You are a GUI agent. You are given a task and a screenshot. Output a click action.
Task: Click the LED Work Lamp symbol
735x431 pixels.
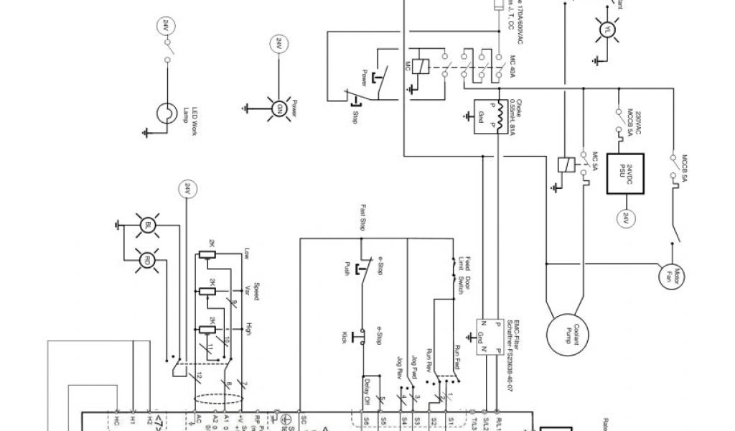[x=167, y=112]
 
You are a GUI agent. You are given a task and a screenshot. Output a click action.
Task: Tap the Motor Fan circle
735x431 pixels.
[x=672, y=273]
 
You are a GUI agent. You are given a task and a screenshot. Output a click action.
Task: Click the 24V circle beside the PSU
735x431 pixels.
[x=624, y=216]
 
